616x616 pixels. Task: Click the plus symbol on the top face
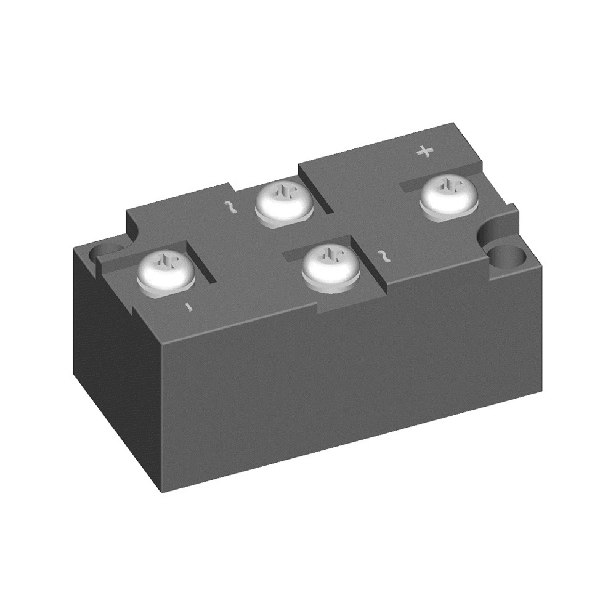coord(424,151)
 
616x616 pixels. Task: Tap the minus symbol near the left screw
coord(191,306)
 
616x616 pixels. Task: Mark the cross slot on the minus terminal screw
coord(165,264)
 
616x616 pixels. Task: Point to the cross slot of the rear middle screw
coord(285,193)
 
